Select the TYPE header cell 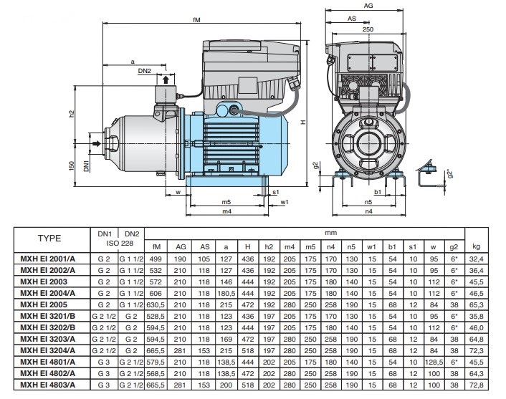pos(49,238)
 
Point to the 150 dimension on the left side pos(72,166)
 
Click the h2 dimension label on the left pos(72,115)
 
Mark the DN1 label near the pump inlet pos(87,166)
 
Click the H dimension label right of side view pos(304,122)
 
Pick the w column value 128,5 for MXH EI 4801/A pos(434,362)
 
